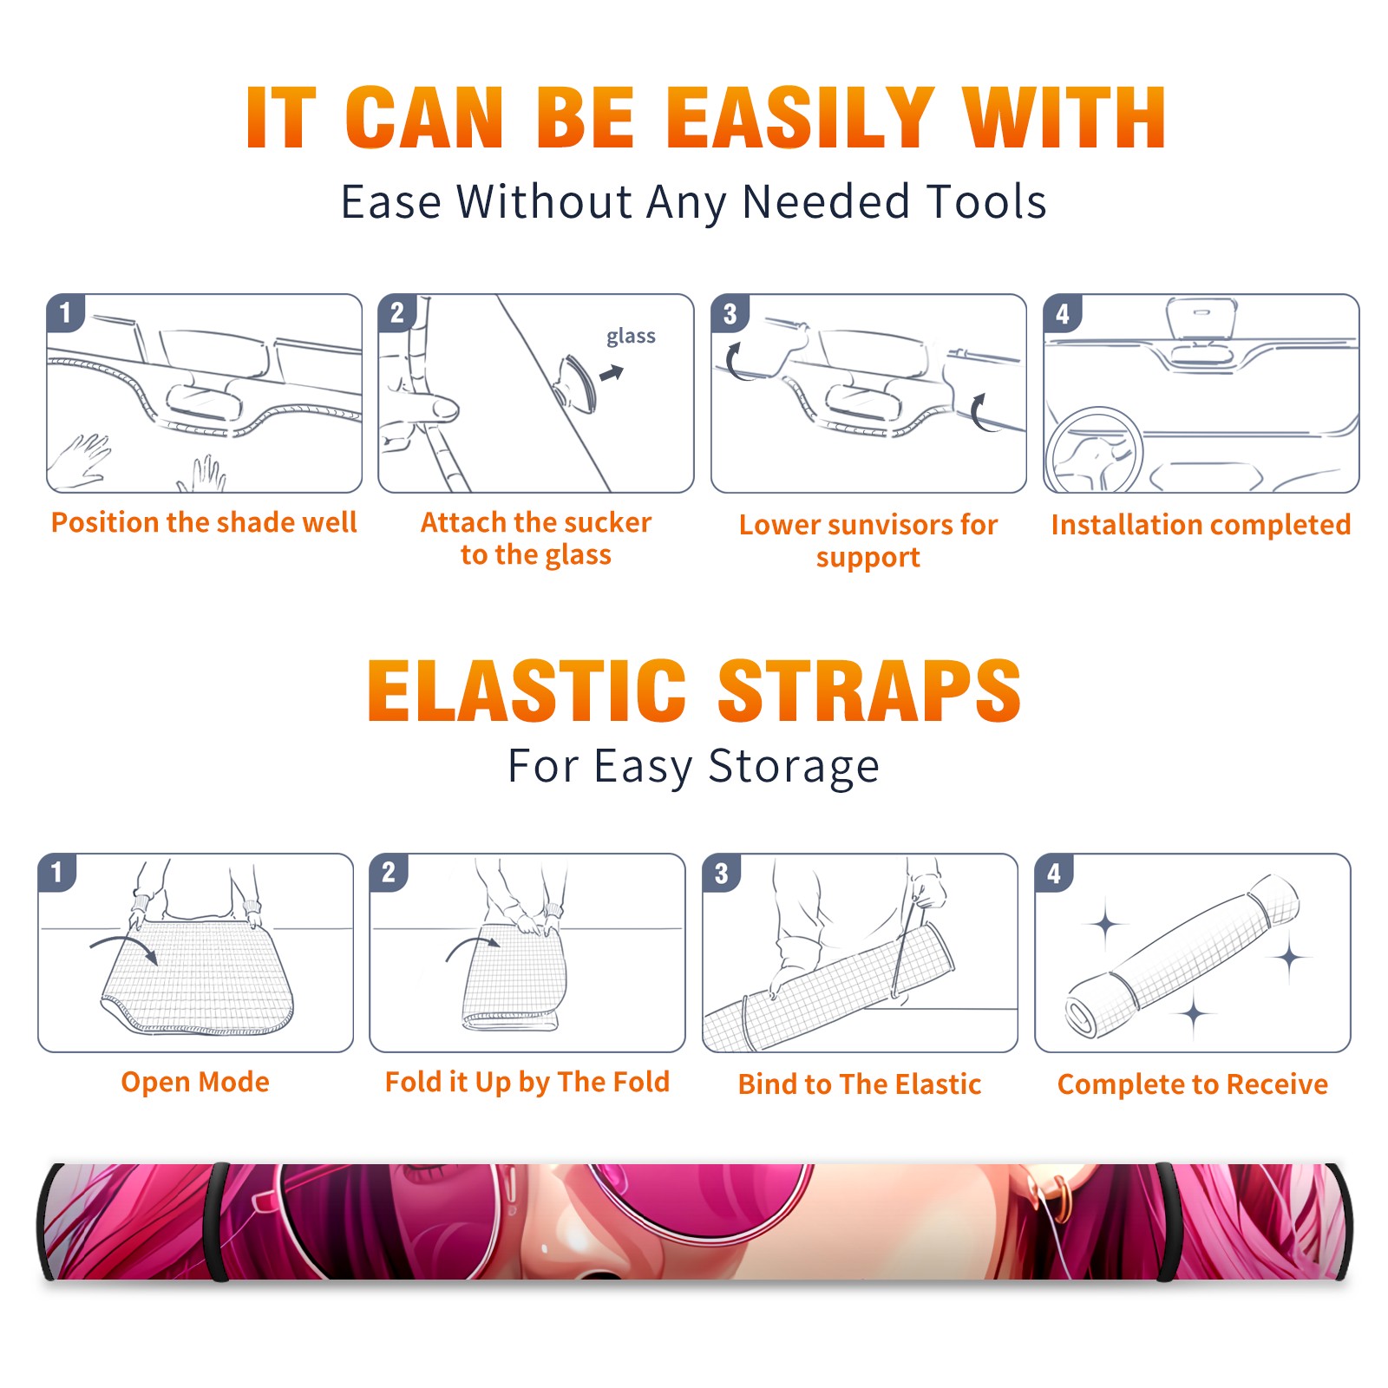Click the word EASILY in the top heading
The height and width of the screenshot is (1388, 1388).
[x=799, y=118]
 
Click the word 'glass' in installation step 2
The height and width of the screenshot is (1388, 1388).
[x=631, y=337]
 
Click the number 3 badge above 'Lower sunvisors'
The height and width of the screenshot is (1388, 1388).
[x=730, y=313]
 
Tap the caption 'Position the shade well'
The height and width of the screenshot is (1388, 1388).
[x=204, y=522]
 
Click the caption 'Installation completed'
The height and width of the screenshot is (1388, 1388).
[x=1201, y=525]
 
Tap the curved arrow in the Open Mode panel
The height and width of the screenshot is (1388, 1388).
[x=124, y=947]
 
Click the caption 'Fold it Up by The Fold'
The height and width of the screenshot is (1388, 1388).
[x=527, y=1083]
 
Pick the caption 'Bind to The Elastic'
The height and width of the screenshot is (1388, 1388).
[x=860, y=1084]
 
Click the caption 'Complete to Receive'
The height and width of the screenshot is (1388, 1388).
[x=1193, y=1084]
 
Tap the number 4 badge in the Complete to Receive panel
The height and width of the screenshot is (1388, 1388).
[x=1054, y=873]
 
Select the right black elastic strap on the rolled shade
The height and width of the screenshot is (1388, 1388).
[x=1169, y=1221]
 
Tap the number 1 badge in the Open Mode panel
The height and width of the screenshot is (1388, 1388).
[x=57, y=873]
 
